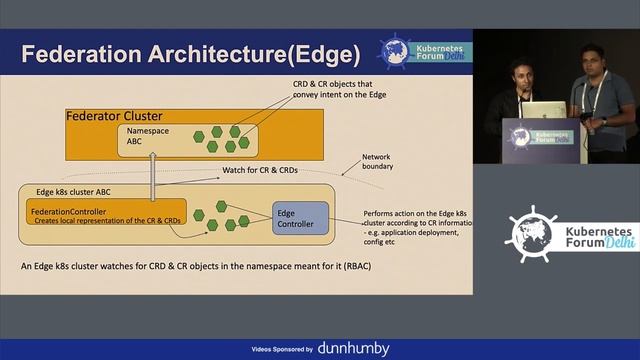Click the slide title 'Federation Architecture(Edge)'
[x=190, y=53]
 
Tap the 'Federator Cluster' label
[x=114, y=116]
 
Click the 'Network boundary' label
[x=377, y=161]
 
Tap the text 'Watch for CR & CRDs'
[x=263, y=169]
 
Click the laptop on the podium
[x=543, y=109]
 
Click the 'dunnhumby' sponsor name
[x=353, y=349]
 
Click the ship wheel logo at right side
[x=530, y=233]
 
